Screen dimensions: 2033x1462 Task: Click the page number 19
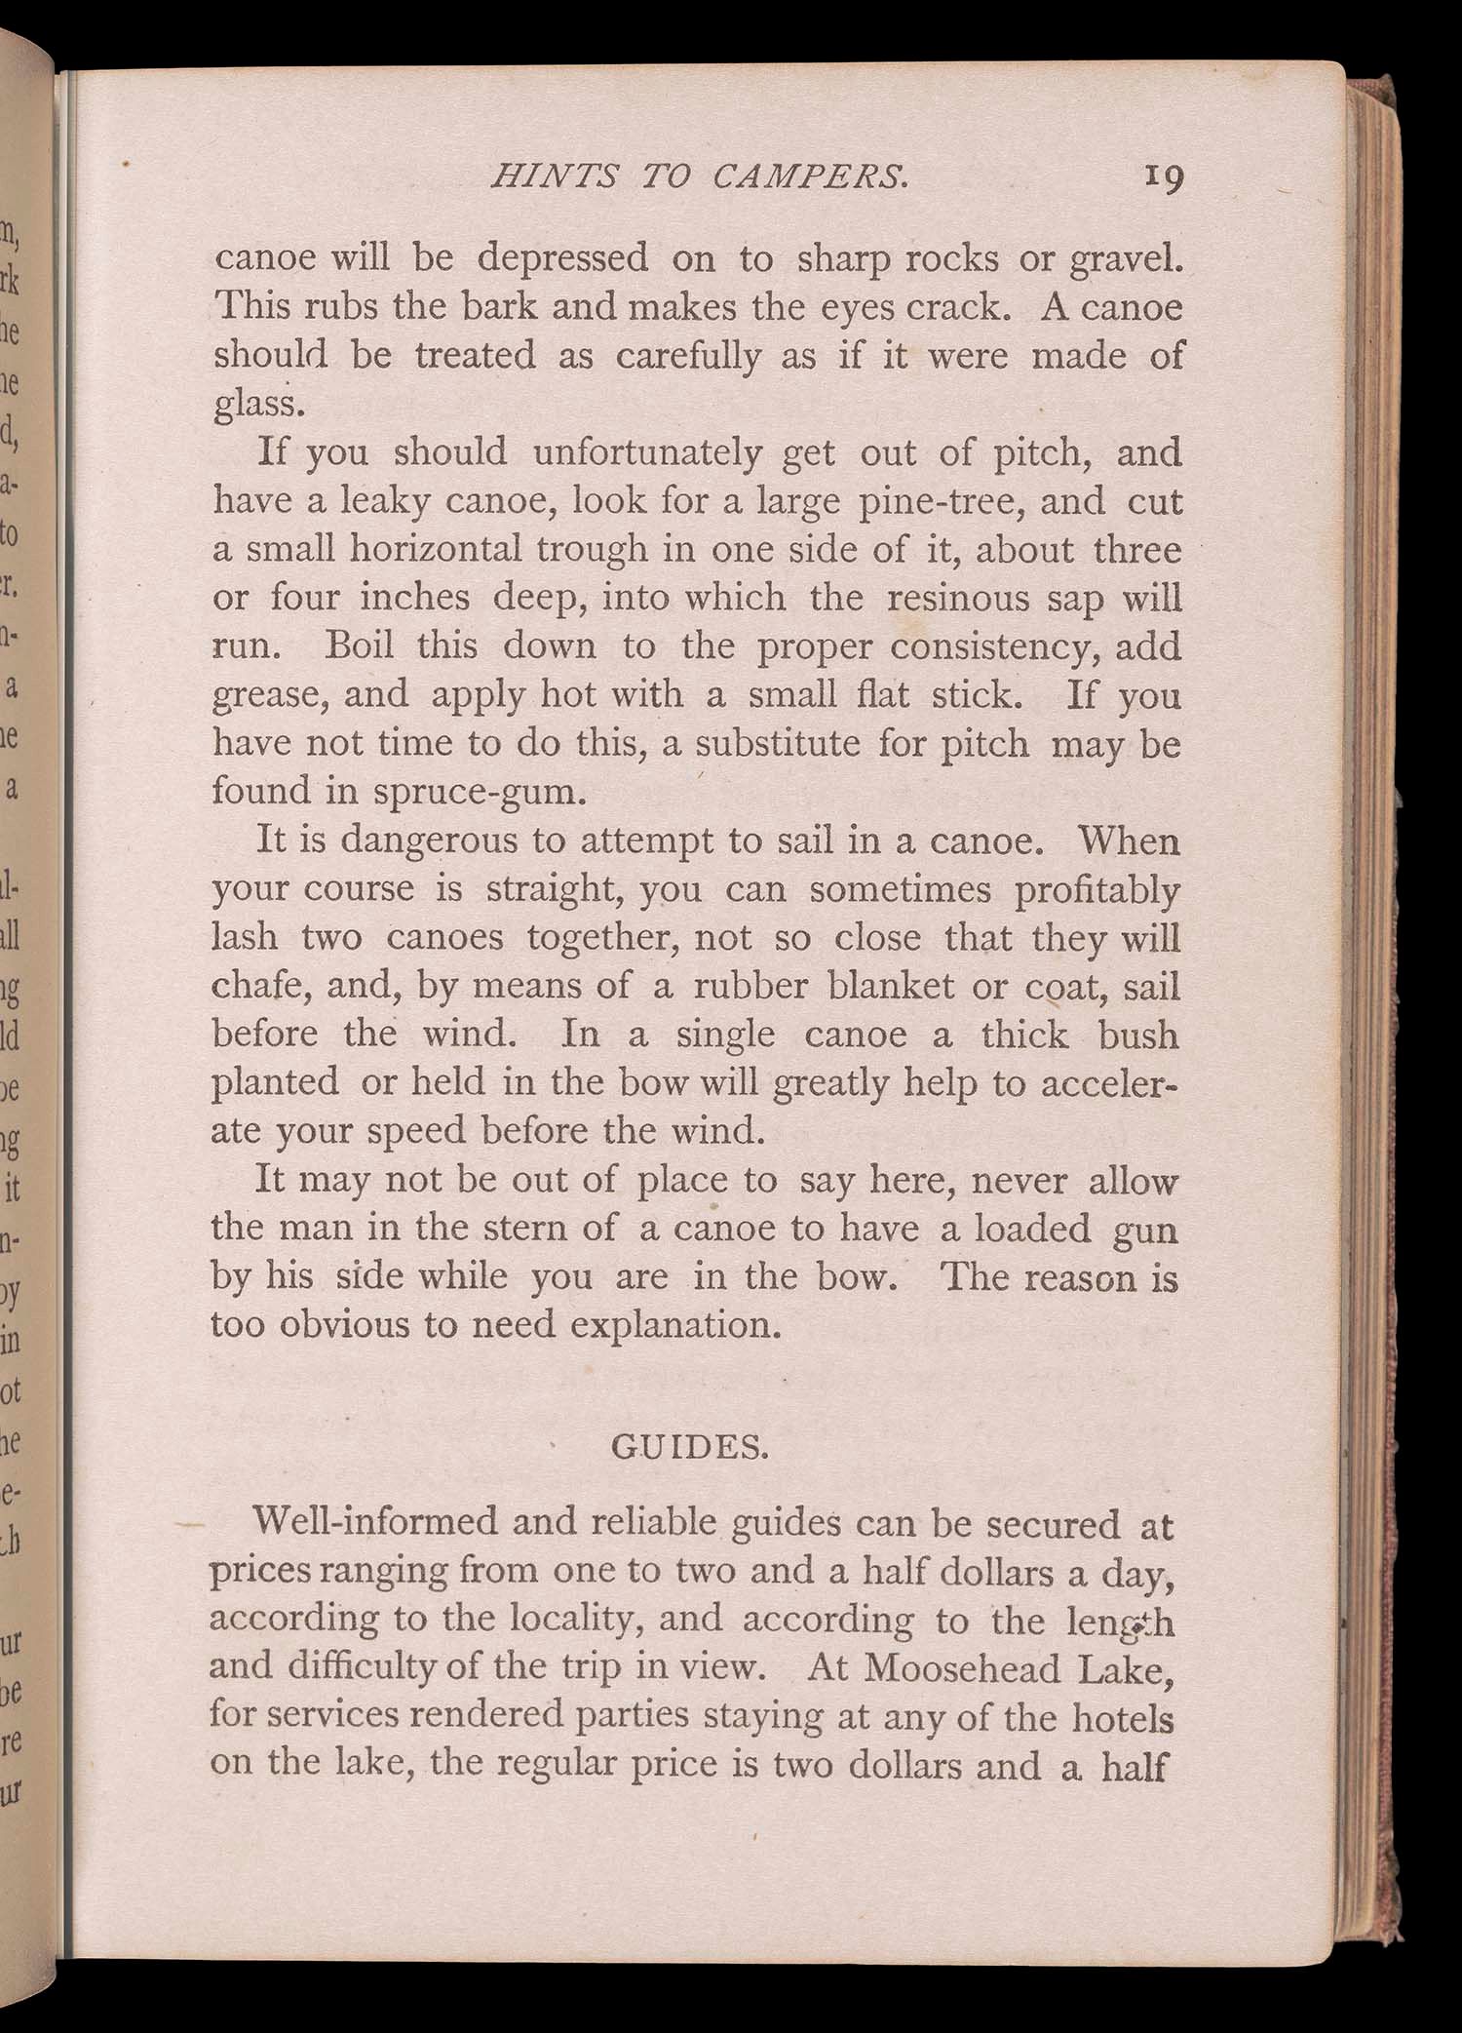click(1164, 177)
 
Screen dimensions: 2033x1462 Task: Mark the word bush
click(1138, 1035)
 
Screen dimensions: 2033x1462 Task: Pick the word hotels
click(1122, 1717)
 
